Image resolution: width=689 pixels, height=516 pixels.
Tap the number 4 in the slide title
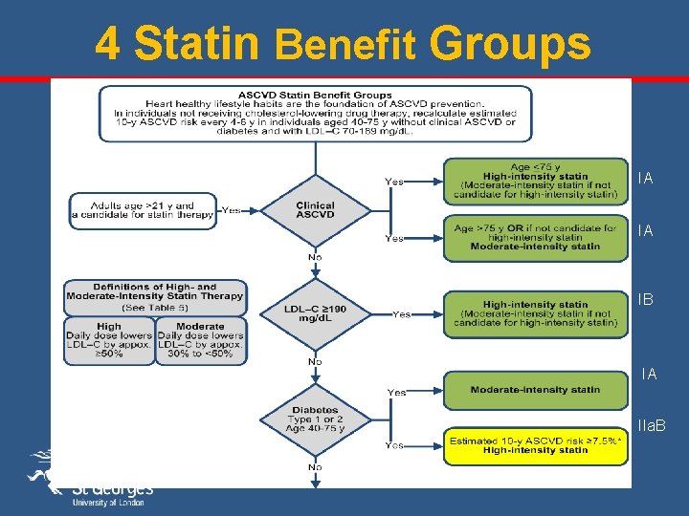(x=108, y=43)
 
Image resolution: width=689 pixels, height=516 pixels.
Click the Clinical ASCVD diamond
(x=315, y=211)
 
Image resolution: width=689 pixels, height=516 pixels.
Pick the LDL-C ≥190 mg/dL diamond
(x=315, y=312)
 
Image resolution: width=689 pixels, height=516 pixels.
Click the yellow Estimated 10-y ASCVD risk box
(x=535, y=444)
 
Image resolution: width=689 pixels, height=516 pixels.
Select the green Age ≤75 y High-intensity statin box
(x=535, y=182)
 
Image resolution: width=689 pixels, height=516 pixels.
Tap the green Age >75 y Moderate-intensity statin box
(x=535, y=237)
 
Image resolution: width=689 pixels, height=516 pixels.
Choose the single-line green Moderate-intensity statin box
(x=535, y=390)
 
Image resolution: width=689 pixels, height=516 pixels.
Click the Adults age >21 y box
(x=142, y=211)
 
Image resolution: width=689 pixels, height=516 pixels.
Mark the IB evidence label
(x=646, y=300)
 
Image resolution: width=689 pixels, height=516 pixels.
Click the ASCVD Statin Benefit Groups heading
(x=315, y=96)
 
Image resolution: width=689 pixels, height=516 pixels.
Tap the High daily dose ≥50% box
(x=108, y=340)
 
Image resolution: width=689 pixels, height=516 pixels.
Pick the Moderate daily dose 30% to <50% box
(x=199, y=340)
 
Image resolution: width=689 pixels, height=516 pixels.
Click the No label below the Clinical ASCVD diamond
(x=314, y=257)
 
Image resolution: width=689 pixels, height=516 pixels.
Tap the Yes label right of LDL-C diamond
(x=402, y=313)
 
